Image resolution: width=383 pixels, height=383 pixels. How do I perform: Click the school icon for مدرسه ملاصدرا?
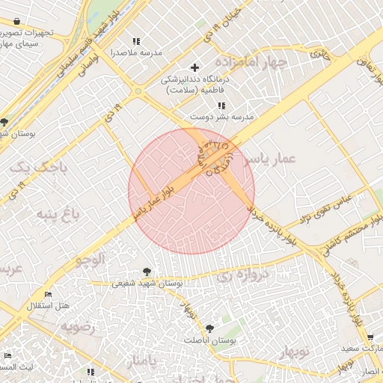coord(135,42)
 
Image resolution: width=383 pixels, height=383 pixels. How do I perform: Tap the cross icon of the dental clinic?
coord(195,68)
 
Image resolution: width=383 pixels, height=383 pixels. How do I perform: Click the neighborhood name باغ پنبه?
coord(56,216)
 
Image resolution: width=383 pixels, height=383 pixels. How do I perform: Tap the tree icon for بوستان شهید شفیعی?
coord(146,272)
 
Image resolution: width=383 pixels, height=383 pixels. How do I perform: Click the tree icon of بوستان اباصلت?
coord(209,328)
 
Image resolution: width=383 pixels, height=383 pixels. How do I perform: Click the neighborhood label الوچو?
coord(89,259)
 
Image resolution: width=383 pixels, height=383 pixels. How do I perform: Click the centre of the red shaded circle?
coord(191,191)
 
